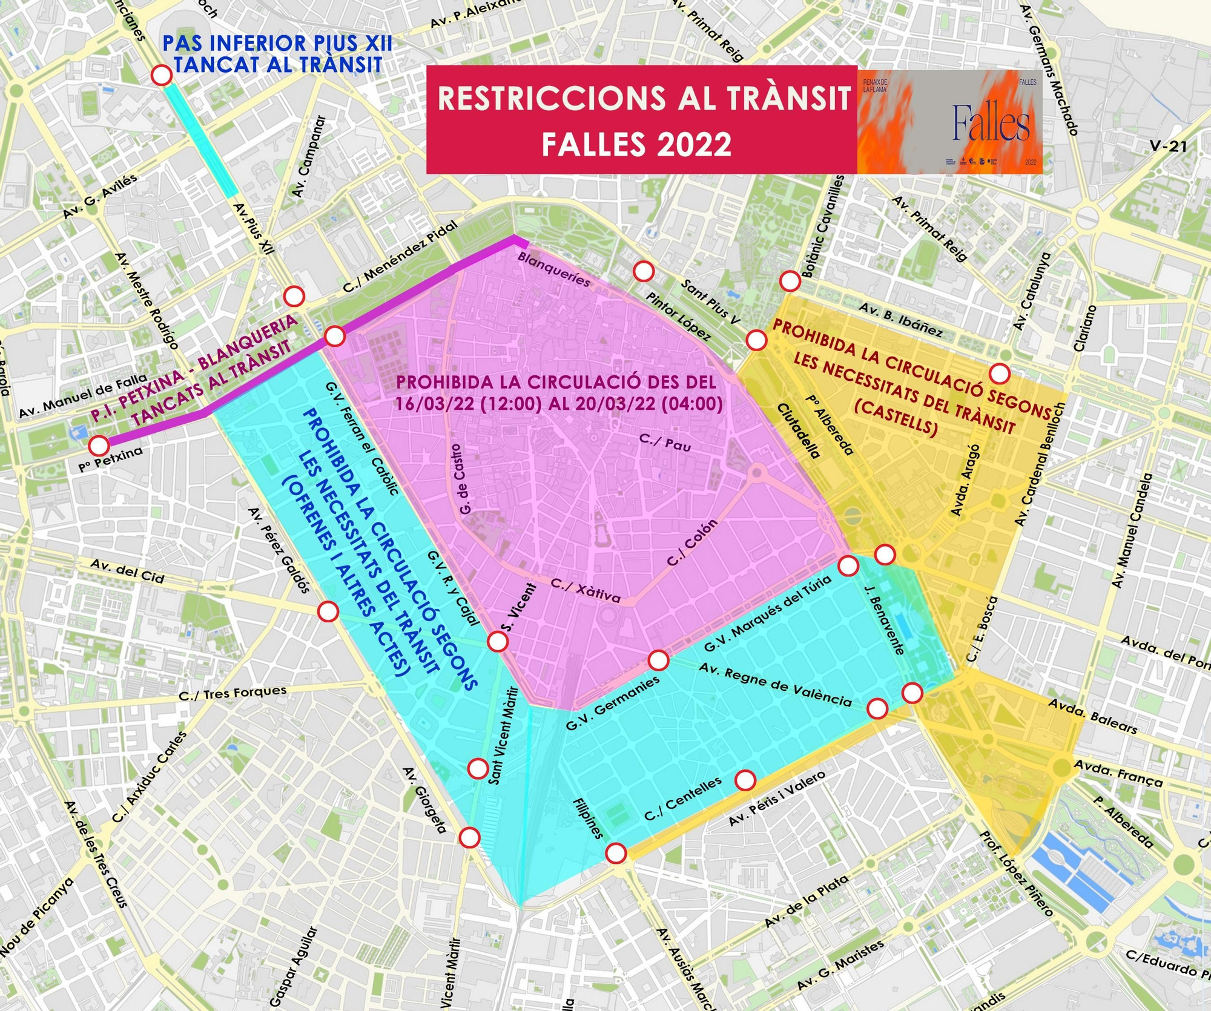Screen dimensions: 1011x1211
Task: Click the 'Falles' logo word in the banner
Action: pyautogui.click(x=991, y=123)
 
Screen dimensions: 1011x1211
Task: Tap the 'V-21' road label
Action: pyautogui.click(x=1169, y=146)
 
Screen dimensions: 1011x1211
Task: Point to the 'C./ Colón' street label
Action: pyautogui.click(x=692, y=542)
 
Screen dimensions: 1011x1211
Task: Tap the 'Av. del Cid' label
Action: pyautogui.click(x=127, y=571)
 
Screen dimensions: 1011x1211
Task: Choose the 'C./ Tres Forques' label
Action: pyautogui.click(x=233, y=694)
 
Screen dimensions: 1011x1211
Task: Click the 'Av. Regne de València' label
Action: pyautogui.click(x=775, y=684)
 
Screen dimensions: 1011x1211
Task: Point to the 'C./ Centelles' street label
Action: pyautogui.click(x=683, y=798)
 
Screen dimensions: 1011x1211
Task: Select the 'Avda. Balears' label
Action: pyautogui.click(x=1092, y=716)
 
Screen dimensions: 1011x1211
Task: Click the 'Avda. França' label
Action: pyautogui.click(x=1118, y=773)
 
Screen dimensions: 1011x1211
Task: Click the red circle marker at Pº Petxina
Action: pyautogui.click(x=99, y=446)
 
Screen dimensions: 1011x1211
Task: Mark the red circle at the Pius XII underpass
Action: pyautogui.click(x=162, y=75)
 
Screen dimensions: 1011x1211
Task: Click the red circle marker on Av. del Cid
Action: pyautogui.click(x=328, y=611)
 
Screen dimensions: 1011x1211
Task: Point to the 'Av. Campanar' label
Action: pyautogui.click(x=308, y=156)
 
